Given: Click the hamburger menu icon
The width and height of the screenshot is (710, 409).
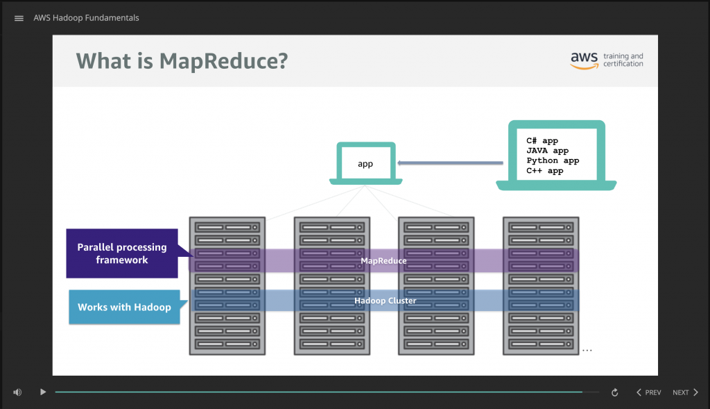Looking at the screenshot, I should click(19, 18).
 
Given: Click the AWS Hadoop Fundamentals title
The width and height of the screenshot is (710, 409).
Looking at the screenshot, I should click(86, 18).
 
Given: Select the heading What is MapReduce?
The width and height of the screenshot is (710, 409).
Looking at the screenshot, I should click(182, 61).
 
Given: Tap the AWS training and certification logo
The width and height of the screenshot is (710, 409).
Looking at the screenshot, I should click(607, 60).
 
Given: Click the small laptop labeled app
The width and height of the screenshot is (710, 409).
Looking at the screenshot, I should click(365, 164).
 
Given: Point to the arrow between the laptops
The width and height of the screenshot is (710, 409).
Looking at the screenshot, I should click(450, 164).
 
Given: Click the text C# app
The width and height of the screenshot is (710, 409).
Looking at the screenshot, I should click(542, 141).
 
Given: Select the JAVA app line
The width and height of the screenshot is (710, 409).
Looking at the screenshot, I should click(547, 151).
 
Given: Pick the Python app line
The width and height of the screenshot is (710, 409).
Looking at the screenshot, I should click(553, 160).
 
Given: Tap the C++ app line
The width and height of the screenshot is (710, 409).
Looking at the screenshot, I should click(545, 170).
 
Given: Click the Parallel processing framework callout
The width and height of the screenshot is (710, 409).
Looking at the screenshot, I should click(122, 253).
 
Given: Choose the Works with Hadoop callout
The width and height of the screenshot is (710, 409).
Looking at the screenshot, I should click(124, 307).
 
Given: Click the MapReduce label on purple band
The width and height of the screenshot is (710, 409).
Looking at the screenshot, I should click(383, 260).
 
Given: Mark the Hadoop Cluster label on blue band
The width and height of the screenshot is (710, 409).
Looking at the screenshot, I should click(385, 301).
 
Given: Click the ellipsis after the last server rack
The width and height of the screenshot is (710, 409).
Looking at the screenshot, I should click(587, 350).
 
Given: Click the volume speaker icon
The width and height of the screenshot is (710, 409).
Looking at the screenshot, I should click(17, 392).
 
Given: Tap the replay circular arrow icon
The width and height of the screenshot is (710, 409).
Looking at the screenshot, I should click(614, 392).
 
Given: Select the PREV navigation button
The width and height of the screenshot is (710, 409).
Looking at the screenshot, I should click(648, 392).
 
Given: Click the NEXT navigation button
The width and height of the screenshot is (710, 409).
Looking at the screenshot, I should click(685, 392).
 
